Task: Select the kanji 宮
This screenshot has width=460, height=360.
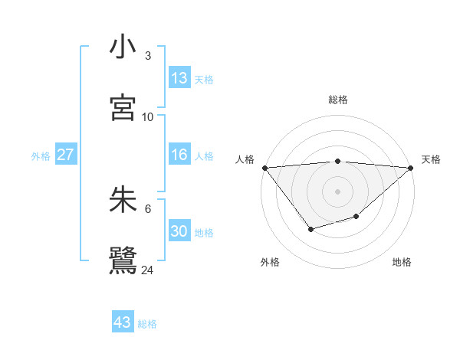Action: coord(123,107)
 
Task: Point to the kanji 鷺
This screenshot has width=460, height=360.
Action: coord(123,260)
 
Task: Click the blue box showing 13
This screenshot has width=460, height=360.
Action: coord(179,78)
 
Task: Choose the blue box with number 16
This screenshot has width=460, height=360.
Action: coord(179,155)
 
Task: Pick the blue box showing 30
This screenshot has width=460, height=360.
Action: coord(179,231)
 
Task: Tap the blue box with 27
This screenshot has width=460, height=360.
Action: coord(65,155)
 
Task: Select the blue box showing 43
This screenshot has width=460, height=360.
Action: coord(123,322)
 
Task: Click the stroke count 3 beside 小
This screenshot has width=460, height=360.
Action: coord(148,56)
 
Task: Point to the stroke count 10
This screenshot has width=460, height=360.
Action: coord(148,117)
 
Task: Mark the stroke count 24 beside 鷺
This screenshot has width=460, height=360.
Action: coord(148,270)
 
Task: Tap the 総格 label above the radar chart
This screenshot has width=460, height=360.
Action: coord(338,100)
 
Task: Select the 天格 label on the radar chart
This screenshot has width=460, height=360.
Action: coord(431,159)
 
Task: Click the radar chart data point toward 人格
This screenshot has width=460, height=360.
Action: coord(264,168)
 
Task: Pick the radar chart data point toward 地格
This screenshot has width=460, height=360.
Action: coord(356,218)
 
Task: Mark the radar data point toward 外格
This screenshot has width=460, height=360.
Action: coord(310,229)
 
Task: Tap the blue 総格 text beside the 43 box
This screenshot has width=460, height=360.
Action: coord(148,324)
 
